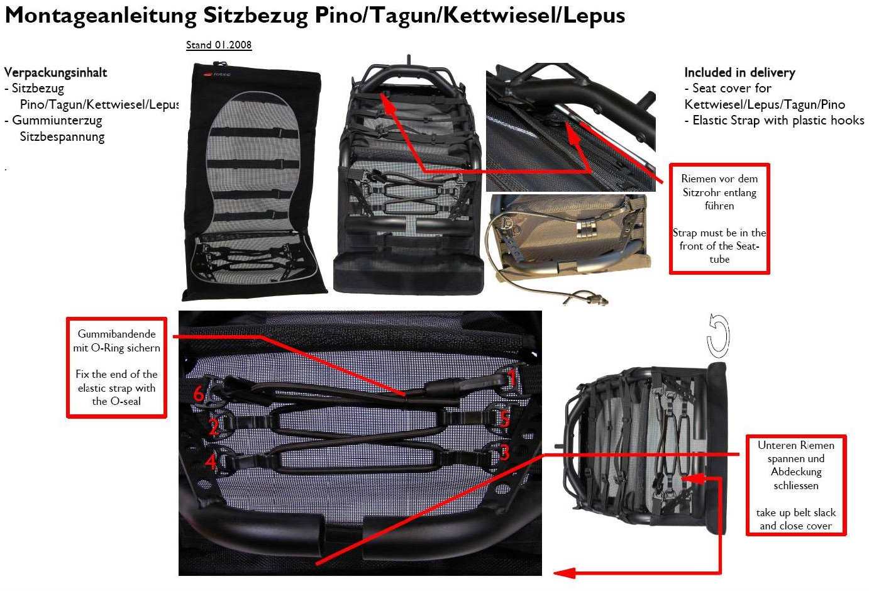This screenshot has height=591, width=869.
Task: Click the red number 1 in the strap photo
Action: (512, 377)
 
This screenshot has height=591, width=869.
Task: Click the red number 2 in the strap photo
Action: (214, 428)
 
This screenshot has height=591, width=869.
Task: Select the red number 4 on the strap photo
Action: (211, 463)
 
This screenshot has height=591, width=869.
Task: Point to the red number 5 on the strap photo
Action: (504, 419)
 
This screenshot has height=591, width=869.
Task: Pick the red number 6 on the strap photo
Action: (199, 395)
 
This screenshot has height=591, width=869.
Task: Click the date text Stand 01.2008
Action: (219, 45)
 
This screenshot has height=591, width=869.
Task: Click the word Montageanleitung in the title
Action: (101, 15)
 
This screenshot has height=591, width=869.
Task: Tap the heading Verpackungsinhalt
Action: (55, 72)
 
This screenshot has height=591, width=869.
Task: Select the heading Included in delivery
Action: (739, 72)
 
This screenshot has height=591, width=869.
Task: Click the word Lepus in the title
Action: (594, 15)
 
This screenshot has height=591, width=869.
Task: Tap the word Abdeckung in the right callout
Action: (796, 472)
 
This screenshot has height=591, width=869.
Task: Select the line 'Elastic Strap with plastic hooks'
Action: (778, 120)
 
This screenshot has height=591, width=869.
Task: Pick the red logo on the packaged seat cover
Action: (209, 75)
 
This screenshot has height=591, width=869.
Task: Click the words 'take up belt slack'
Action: (796, 512)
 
